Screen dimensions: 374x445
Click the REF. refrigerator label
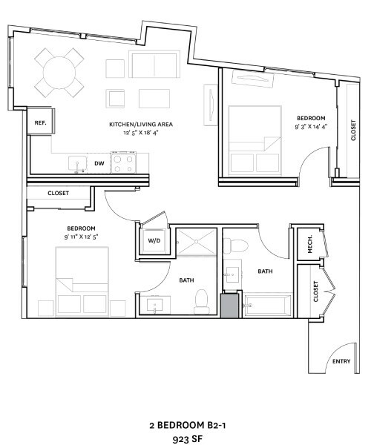(40, 123)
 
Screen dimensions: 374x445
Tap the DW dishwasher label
(99, 163)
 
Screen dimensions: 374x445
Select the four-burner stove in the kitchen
(123, 162)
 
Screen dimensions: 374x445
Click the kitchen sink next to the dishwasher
(77, 164)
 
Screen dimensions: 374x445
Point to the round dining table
(59, 73)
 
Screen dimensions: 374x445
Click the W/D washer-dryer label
(154, 240)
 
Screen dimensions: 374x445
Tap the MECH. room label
(310, 244)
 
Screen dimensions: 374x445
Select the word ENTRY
(341, 361)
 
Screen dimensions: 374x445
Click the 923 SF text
(188, 439)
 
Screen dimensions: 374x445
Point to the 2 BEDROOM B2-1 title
(188, 425)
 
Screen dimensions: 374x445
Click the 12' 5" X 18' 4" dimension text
(140, 132)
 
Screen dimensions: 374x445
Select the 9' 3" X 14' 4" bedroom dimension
(311, 127)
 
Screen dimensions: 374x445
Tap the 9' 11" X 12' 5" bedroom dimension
(81, 237)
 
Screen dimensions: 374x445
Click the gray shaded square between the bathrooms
(230, 306)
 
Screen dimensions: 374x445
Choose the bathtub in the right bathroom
(267, 305)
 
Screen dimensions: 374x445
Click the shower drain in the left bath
(196, 242)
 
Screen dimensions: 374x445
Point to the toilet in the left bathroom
(202, 301)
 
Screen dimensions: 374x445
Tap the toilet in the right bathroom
(236, 245)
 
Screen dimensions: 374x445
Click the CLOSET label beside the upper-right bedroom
(353, 131)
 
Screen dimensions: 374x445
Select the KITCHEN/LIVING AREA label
(141, 125)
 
